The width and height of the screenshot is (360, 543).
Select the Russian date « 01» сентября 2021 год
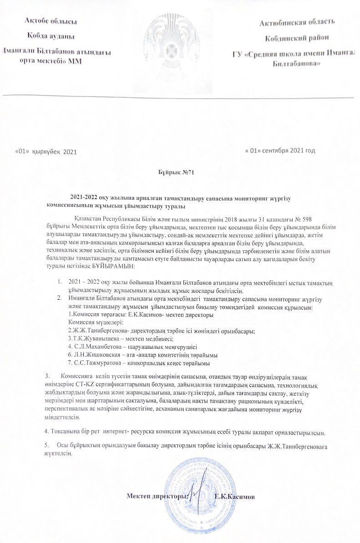pyautogui.click(x=280, y=150)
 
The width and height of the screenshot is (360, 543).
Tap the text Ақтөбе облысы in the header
pyautogui.click(x=51, y=21)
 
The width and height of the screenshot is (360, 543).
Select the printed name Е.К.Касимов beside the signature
pyautogui.click(x=238, y=496)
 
